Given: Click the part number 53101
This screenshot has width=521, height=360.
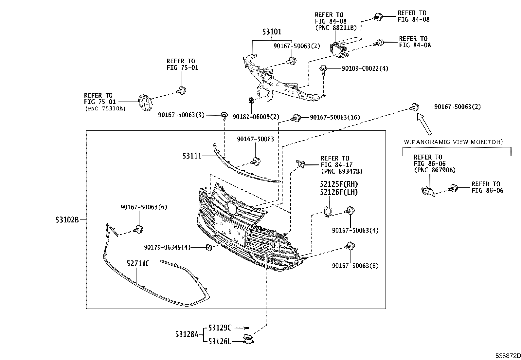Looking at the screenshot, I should [272, 32].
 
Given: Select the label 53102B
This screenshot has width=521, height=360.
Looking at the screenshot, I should [67, 220].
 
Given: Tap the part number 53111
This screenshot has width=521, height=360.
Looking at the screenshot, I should [192, 156].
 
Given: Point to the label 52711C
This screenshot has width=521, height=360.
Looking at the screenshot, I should [138, 263].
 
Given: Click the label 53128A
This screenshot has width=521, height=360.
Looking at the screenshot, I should [187, 334].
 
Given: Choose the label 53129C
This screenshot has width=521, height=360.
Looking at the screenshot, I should [220, 327].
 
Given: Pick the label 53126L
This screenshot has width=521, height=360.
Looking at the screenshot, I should [220, 342].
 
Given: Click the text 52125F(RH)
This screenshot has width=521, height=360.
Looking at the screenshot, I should [339, 184].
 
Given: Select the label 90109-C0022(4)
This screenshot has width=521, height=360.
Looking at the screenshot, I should [365, 68].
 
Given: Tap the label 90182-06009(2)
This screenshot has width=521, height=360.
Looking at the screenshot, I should [256, 116].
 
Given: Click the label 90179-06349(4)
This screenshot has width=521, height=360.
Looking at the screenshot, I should [167, 247].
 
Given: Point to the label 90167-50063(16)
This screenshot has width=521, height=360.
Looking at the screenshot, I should [331, 117].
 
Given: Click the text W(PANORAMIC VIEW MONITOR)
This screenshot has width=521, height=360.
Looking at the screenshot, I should [454, 142].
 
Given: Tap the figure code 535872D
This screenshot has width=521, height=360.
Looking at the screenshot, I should [507, 356].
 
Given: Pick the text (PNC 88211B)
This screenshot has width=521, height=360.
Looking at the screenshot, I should [336, 28].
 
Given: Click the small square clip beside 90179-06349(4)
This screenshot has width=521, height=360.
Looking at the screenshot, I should [208, 248].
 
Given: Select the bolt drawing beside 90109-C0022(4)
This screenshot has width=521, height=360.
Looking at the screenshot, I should [324, 69].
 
